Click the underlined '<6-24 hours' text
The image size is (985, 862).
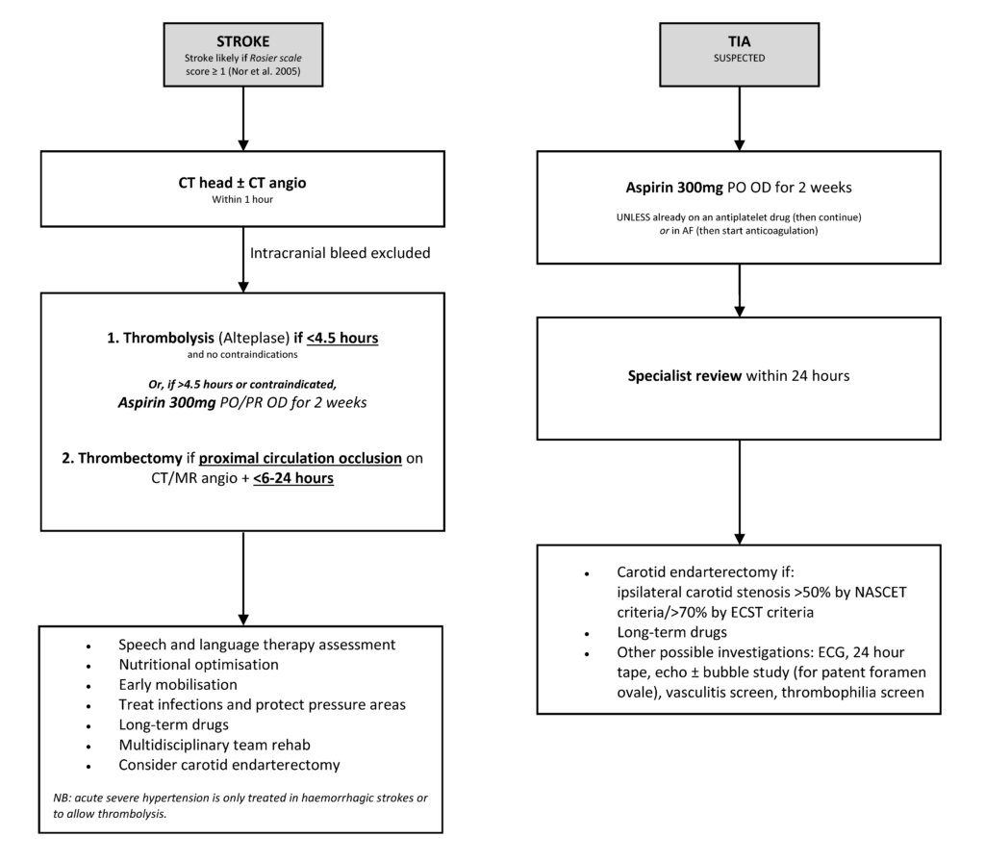[x=293, y=477]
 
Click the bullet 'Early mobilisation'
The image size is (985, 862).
[x=178, y=684]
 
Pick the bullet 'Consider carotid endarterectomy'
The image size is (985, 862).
[x=229, y=765]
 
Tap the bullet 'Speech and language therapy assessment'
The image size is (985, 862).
[x=257, y=644]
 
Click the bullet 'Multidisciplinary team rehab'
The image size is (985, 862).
[x=214, y=745]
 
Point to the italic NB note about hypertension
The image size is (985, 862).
[x=240, y=804]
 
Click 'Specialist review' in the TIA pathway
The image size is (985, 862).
[x=683, y=375]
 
